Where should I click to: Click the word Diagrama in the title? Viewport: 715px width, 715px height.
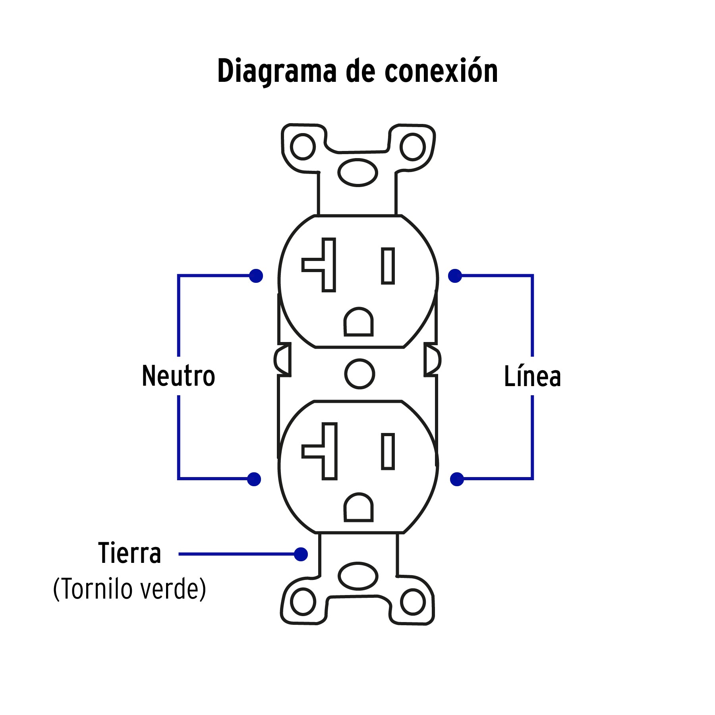tap(276, 71)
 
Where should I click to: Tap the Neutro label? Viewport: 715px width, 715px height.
tap(178, 376)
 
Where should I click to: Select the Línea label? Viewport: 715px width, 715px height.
tap(532, 376)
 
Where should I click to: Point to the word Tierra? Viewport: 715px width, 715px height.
tap(129, 553)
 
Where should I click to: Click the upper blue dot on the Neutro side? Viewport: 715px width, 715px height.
tap(256, 276)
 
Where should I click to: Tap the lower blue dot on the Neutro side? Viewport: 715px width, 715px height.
tap(254, 479)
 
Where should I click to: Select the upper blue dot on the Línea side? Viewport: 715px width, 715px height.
tap(455, 276)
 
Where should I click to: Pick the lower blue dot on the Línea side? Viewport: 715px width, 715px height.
tap(457, 479)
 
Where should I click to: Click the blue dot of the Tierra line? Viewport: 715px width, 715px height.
tap(301, 554)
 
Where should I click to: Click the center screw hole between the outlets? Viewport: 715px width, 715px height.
tap(359, 374)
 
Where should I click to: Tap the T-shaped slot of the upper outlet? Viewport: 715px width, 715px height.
tap(328, 265)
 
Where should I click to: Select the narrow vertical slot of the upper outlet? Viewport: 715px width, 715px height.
tap(388, 266)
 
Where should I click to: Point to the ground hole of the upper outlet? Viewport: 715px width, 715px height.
tap(358, 323)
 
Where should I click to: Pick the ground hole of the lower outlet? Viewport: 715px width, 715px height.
tap(358, 508)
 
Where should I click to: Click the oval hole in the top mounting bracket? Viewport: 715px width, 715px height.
tap(357, 172)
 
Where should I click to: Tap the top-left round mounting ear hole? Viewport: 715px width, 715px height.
tap(303, 147)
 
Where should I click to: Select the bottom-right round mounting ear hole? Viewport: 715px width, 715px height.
tap(413, 602)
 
